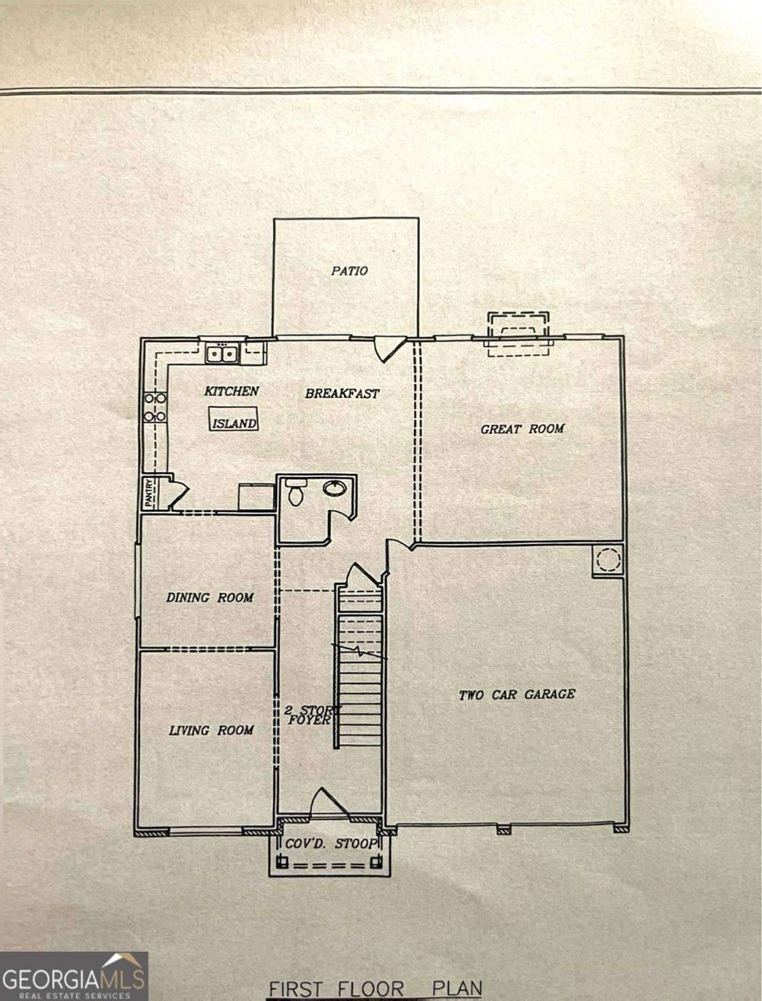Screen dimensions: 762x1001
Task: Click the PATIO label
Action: tap(349, 270)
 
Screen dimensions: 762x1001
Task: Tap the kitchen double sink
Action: tap(222, 354)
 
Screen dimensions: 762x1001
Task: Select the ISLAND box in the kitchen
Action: tap(234, 420)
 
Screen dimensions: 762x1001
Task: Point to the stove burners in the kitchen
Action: tap(155, 407)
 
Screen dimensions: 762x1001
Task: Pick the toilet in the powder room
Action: tap(296, 491)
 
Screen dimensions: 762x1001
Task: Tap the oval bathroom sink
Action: tap(336, 488)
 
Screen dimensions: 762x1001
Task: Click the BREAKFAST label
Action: tap(341, 394)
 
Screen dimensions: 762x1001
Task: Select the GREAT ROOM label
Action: tap(522, 429)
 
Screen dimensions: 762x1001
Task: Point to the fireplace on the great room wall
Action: tap(518, 335)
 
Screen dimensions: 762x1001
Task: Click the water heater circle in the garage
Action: tap(608, 559)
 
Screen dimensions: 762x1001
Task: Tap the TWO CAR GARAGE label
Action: tap(517, 695)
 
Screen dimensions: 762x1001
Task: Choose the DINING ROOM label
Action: tap(209, 597)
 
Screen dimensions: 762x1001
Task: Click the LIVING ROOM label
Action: tap(211, 731)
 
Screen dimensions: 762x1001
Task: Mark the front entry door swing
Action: tap(330, 804)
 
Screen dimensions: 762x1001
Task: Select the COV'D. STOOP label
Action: tap(331, 843)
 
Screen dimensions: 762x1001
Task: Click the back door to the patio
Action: tap(389, 349)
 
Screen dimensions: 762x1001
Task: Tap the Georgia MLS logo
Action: tap(74, 976)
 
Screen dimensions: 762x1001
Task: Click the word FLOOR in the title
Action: tap(371, 989)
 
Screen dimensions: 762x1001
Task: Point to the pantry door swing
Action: tap(179, 494)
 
